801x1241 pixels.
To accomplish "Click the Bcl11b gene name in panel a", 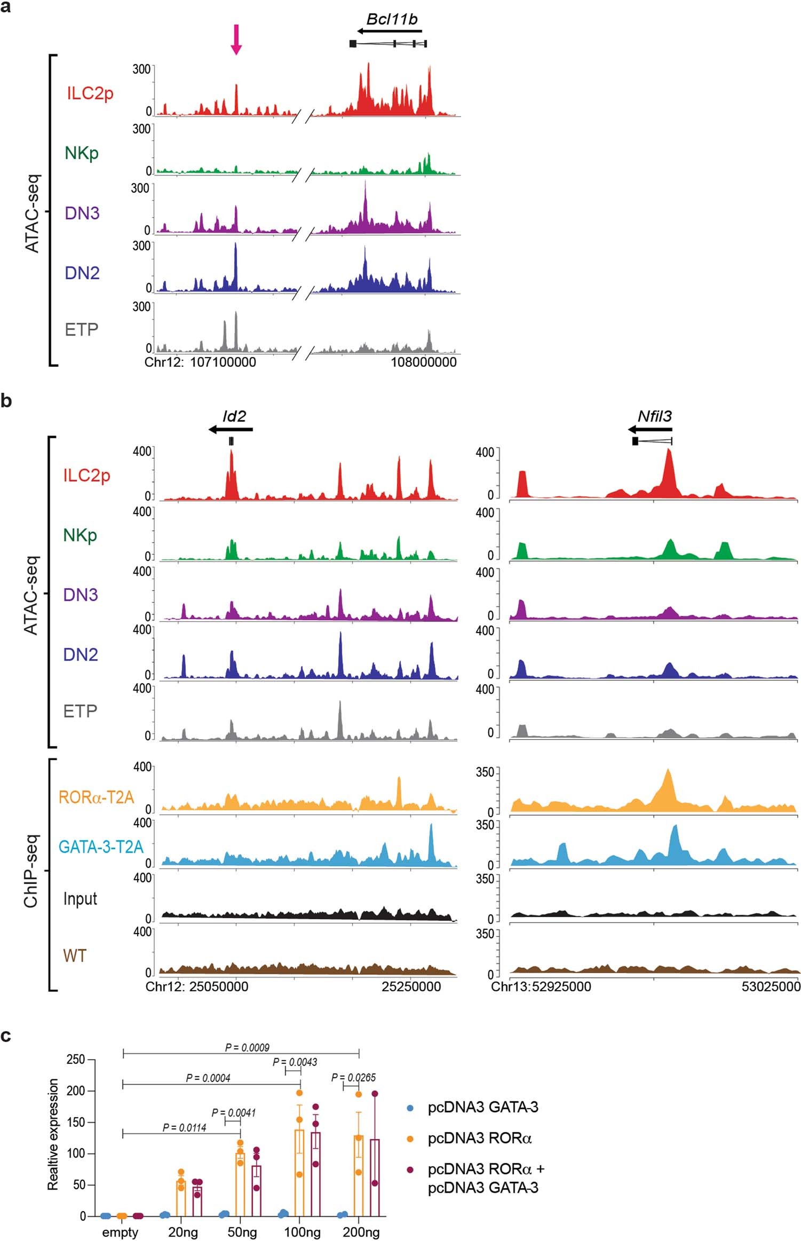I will point(392,19).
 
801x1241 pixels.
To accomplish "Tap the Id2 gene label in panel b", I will point(234,416).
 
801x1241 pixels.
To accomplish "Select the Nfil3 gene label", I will point(654,416).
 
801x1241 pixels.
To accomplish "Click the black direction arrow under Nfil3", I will point(650,429).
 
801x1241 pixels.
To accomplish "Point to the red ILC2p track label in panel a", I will point(90,93).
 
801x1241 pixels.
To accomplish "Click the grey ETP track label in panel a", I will point(82,329).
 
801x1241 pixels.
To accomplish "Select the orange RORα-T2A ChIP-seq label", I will point(96,797).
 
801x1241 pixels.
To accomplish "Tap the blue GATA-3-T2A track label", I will point(101,847).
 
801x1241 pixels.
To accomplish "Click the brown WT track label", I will point(75,955).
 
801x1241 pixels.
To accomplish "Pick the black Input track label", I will point(80,899).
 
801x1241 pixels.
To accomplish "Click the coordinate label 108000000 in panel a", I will point(424,362).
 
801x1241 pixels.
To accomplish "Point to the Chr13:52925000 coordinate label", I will point(541,986).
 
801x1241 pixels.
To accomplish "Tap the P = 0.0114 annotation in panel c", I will point(184,1127).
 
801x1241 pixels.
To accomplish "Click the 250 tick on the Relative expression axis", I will point(76,1059).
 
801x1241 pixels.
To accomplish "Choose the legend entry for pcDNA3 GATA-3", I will point(482,1107).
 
